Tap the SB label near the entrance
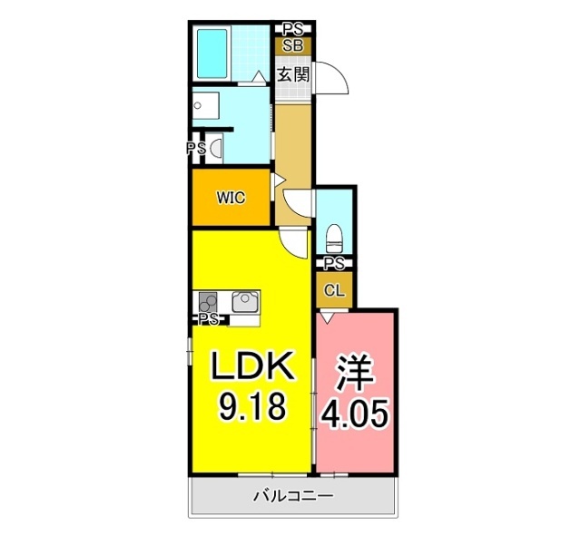click(x=293, y=45)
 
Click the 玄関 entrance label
click(x=293, y=73)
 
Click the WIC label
click(x=231, y=196)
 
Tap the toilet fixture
click(x=333, y=238)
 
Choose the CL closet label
click(x=334, y=290)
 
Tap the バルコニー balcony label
click(x=292, y=496)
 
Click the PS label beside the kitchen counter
click(x=209, y=319)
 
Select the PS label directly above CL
click(x=334, y=264)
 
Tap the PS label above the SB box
click(x=293, y=28)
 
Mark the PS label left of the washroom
click(x=195, y=148)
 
